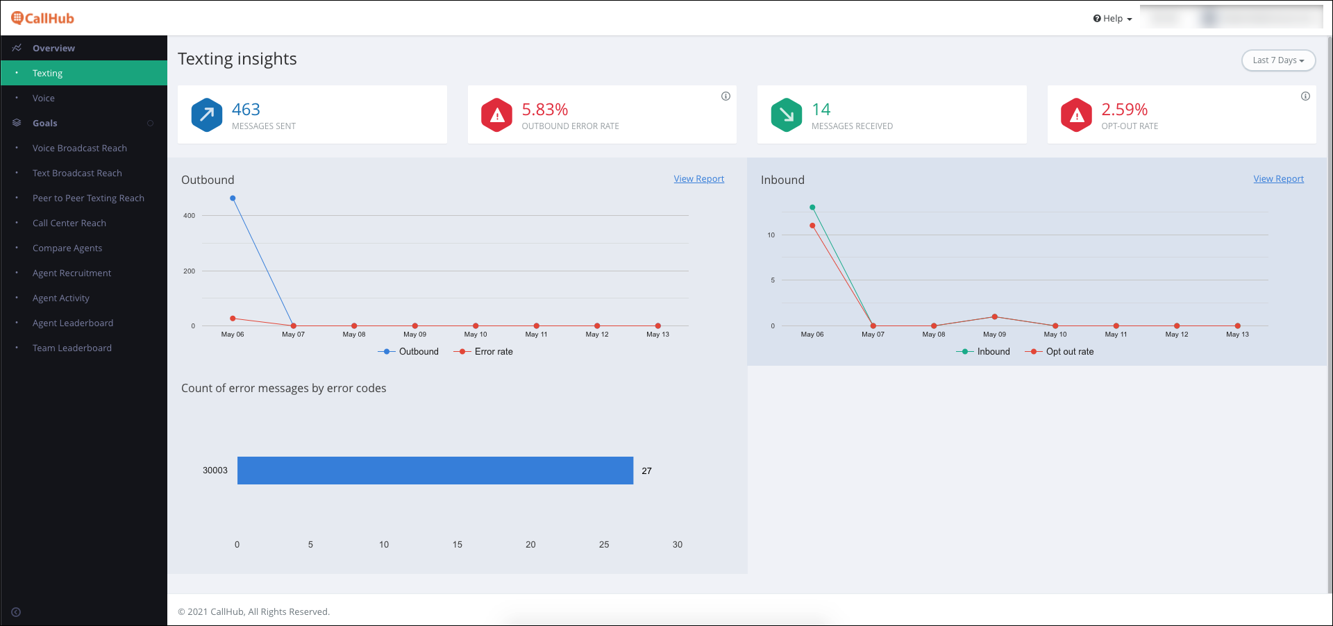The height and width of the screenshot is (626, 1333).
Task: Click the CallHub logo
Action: pyautogui.click(x=42, y=18)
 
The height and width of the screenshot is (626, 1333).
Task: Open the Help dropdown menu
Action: pyautogui.click(x=1112, y=19)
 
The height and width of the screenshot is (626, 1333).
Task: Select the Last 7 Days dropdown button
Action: pyautogui.click(x=1278, y=60)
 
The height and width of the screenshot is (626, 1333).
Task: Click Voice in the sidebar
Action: pyautogui.click(x=44, y=98)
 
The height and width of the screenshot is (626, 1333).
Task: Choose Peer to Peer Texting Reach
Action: pyautogui.click(x=88, y=198)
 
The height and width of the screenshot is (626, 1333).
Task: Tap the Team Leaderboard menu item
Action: pyautogui.click(x=72, y=348)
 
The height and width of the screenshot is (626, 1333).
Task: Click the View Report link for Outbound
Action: pyautogui.click(x=698, y=178)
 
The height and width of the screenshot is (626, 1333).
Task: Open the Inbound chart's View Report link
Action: pyautogui.click(x=1278, y=178)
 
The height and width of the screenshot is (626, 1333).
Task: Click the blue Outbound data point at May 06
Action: pyautogui.click(x=233, y=198)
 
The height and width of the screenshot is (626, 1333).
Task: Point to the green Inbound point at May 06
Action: pyautogui.click(x=812, y=208)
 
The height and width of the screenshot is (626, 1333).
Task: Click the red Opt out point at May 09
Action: pyautogui.click(x=995, y=316)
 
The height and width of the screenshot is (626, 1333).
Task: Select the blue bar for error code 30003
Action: pyautogui.click(x=435, y=471)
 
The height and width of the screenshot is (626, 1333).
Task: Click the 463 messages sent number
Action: pyautogui.click(x=246, y=110)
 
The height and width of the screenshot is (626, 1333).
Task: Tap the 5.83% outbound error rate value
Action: pyautogui.click(x=545, y=110)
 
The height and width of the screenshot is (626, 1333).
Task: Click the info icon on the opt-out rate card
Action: pyautogui.click(x=1305, y=96)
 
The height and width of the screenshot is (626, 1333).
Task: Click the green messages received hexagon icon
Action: pyautogui.click(x=787, y=115)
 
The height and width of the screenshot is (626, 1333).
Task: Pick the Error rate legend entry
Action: pyautogui.click(x=483, y=352)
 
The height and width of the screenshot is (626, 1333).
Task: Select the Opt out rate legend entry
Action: pyautogui.click(x=1059, y=352)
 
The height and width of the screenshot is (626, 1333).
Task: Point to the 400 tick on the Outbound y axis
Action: pyautogui.click(x=189, y=216)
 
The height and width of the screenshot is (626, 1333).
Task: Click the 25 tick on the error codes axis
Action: pyautogui.click(x=604, y=545)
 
